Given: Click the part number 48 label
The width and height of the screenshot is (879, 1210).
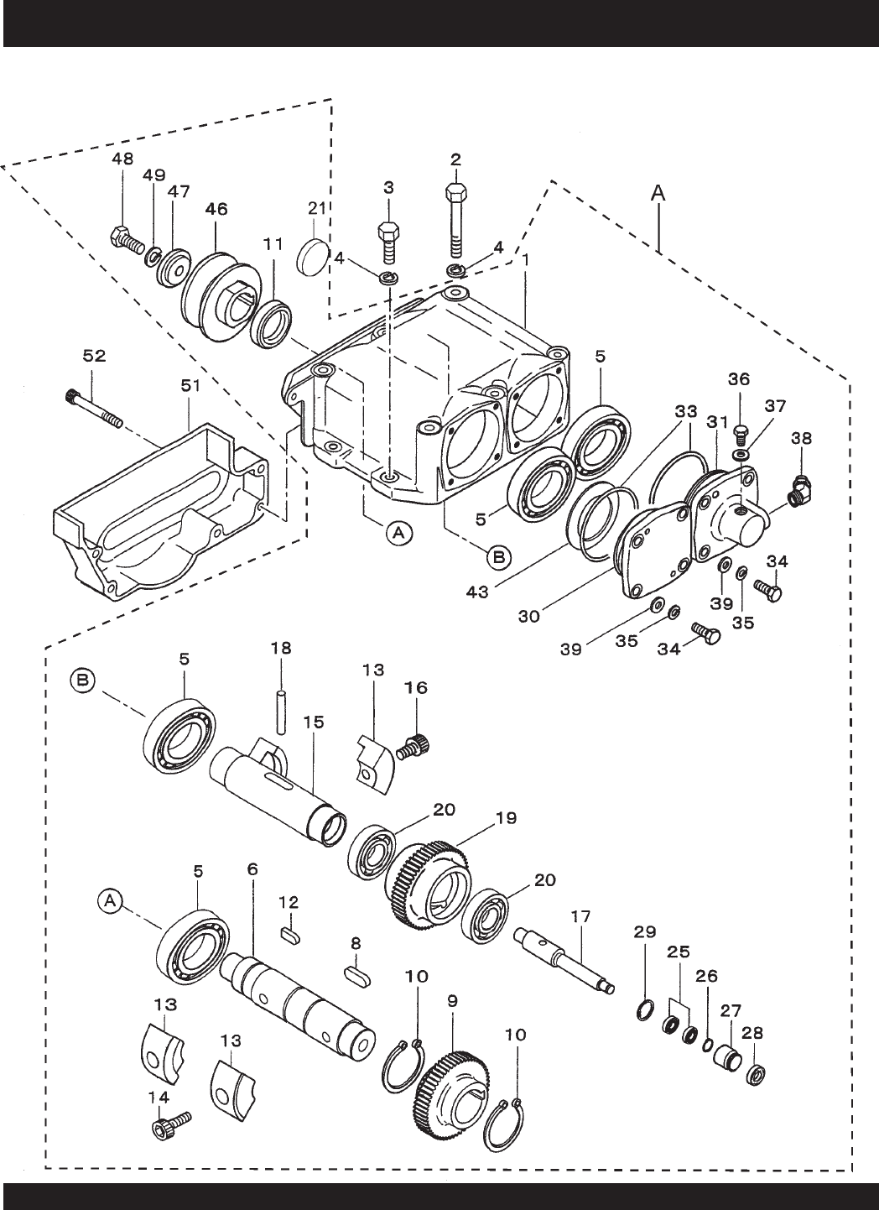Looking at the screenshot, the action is coord(122,159).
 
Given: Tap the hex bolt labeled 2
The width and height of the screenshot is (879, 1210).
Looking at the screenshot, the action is coord(456,222).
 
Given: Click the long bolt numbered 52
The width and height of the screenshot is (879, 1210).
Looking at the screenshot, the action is coord(95,409).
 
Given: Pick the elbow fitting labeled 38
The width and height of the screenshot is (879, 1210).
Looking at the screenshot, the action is coord(803,489).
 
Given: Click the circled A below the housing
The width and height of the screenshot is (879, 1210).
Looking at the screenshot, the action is coord(398,533).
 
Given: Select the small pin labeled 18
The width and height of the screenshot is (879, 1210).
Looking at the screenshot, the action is coord(281,712).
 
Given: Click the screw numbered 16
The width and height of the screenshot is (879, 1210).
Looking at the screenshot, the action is coord(413,746).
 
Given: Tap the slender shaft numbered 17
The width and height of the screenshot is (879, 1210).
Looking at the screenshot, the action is coord(564,958).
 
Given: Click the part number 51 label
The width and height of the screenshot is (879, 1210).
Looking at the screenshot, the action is coord(190,386).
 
